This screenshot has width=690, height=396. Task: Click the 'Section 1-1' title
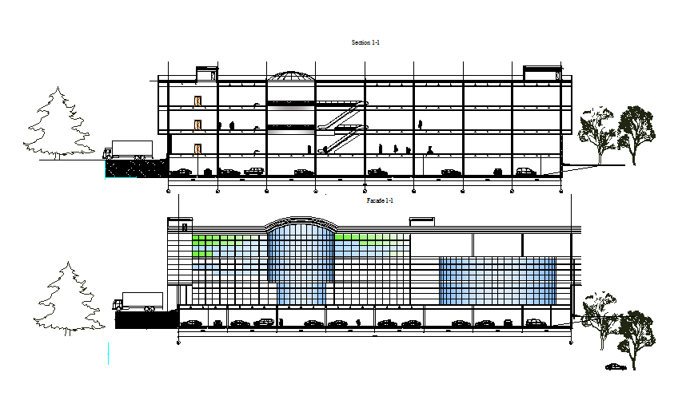[365, 42]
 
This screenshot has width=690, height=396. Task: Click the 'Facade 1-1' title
[380, 200]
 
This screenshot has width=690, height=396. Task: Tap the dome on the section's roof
[289, 76]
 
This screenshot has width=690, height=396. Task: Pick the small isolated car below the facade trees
[615, 366]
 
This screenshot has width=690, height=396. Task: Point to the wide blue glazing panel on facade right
[497, 280]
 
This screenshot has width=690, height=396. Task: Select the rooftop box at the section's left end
[207, 74]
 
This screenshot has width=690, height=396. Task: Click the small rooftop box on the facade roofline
[421, 221]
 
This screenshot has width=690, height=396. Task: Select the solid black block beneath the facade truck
[146, 319]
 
